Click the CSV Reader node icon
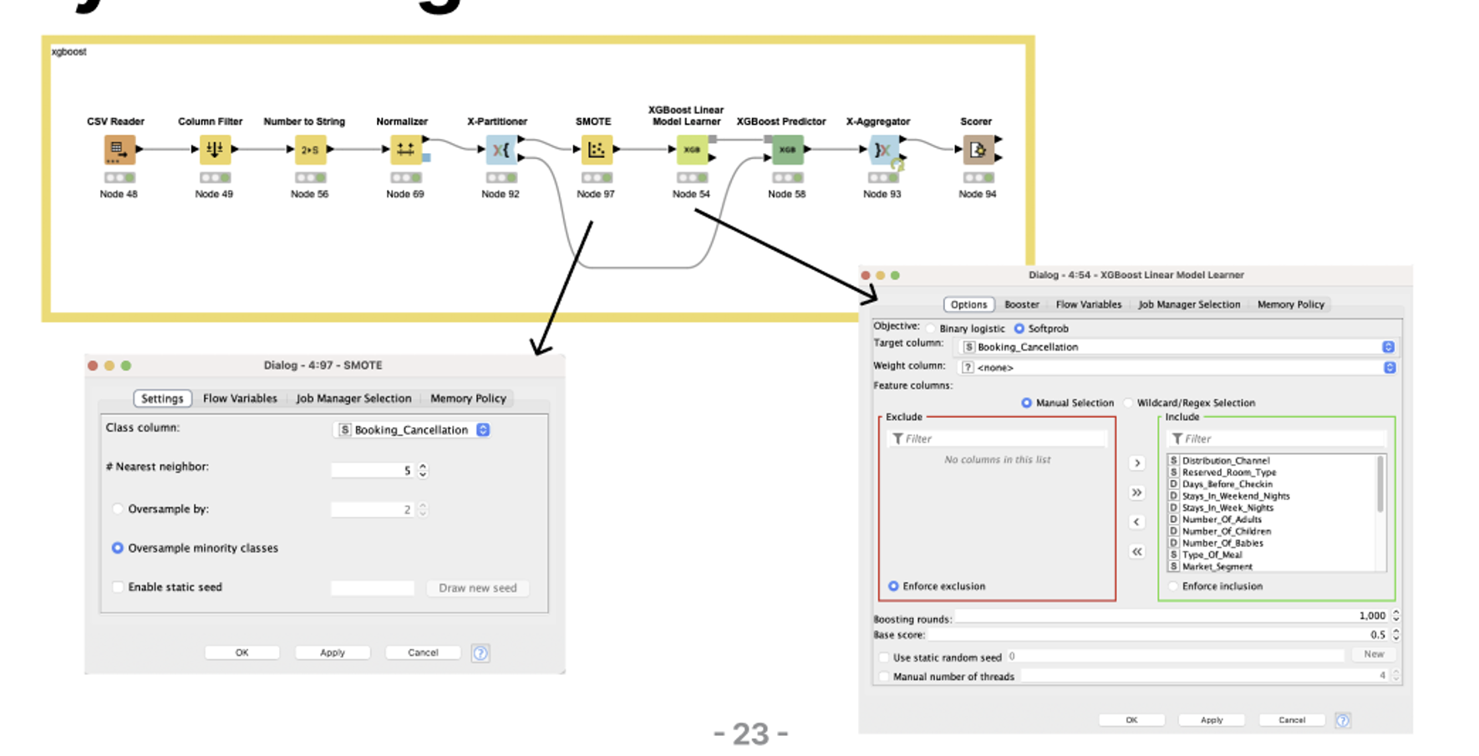(x=119, y=150)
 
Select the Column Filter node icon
(x=215, y=150)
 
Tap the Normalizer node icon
(x=405, y=150)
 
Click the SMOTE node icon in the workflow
(x=596, y=150)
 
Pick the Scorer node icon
(x=977, y=150)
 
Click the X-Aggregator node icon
(x=882, y=150)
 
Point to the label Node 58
(x=786, y=194)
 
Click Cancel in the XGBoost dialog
(x=1291, y=720)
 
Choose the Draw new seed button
(x=477, y=588)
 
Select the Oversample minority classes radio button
(x=118, y=548)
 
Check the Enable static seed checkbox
(x=118, y=587)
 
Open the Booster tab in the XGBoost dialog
(x=1021, y=304)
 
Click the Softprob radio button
(x=1019, y=329)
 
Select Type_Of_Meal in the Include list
(x=1212, y=554)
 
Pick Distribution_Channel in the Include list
(x=1225, y=461)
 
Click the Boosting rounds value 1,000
(x=1371, y=616)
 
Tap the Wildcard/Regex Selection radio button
(x=1129, y=403)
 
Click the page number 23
(x=750, y=734)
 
